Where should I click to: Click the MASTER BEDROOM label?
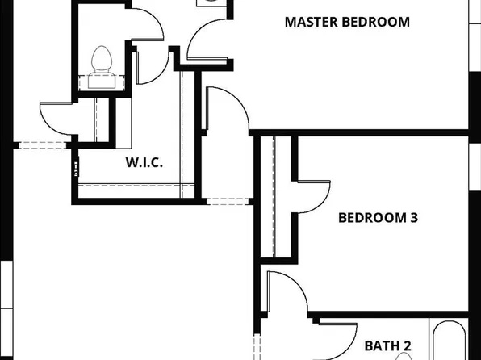(347, 22)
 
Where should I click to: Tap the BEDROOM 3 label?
(378, 218)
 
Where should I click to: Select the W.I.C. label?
(144, 162)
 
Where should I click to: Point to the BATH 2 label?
(387, 346)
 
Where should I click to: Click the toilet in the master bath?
(102, 68)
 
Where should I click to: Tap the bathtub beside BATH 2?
(449, 340)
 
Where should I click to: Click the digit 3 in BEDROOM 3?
(413, 218)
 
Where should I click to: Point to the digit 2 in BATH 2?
(408, 346)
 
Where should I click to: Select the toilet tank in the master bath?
(102, 81)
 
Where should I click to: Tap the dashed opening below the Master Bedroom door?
(228, 201)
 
